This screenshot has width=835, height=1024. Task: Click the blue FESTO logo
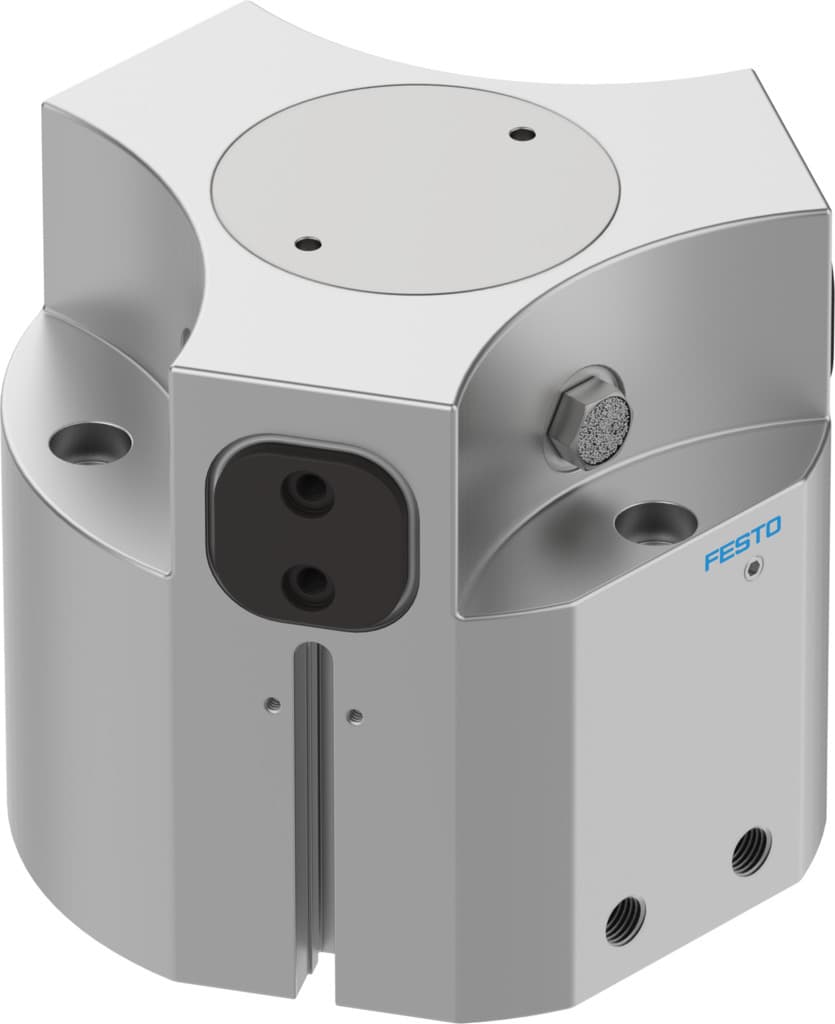(x=742, y=543)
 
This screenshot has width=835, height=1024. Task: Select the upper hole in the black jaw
(x=306, y=490)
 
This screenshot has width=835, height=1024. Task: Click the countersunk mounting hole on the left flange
(x=90, y=440)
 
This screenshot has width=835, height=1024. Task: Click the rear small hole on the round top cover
(x=520, y=133)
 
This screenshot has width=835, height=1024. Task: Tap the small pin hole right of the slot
(x=355, y=714)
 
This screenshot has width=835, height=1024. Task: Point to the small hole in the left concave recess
(x=186, y=330)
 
